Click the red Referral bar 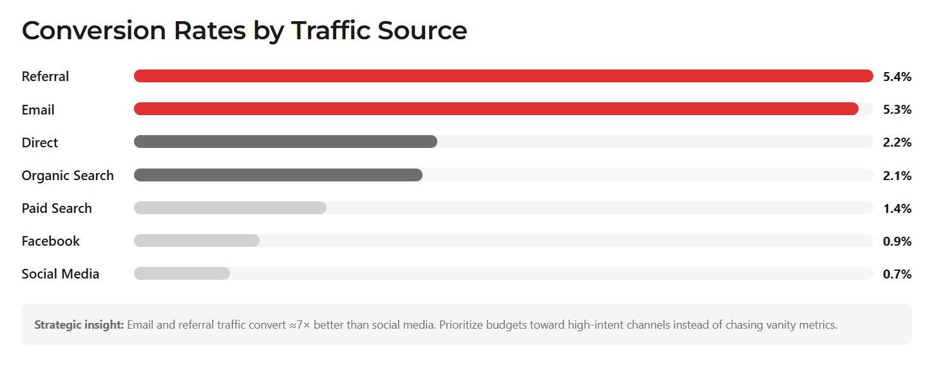point(502,76)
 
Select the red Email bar point(496,109)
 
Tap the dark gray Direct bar point(285,142)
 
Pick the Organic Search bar point(278,175)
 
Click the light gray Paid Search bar point(230,208)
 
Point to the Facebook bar point(196,241)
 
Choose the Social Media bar point(182,273)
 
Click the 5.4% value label point(897,77)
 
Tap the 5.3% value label point(897,109)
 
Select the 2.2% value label point(897,142)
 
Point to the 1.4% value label point(897,208)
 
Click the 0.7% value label point(897,274)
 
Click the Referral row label point(45,77)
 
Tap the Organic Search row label point(68,176)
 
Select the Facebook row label point(51,241)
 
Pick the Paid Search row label point(57,208)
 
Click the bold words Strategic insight point(79,325)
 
